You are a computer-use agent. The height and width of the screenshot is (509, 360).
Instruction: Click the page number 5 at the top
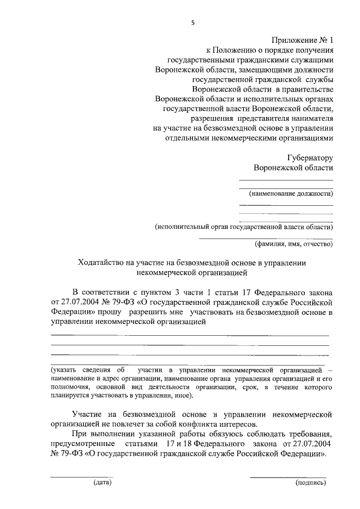pyautogui.click(x=192, y=23)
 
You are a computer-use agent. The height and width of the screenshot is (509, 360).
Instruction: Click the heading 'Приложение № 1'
pyautogui.click(x=303, y=40)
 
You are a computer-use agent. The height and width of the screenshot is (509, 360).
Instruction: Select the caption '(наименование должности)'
pyautogui.click(x=291, y=194)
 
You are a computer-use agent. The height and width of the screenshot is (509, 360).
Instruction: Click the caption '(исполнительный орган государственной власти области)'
pyautogui.click(x=244, y=227)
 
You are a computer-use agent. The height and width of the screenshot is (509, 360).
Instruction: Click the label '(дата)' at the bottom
pyautogui.click(x=102, y=482)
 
